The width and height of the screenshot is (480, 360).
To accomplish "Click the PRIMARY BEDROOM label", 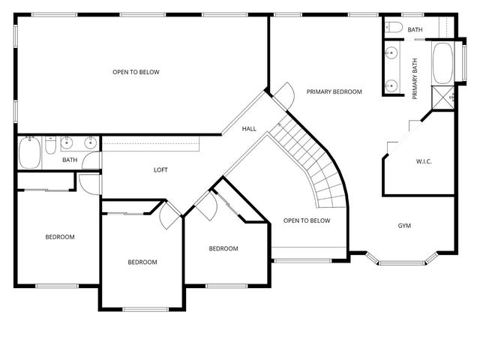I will [x=334, y=91].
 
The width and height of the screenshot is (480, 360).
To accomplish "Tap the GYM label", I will [x=404, y=226].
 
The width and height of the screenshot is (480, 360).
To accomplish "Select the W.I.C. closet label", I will [x=424, y=162].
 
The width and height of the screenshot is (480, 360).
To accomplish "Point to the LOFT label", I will [x=160, y=170].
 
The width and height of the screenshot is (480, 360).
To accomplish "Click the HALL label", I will [x=249, y=129].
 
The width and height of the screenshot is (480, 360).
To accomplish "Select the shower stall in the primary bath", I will [x=442, y=97].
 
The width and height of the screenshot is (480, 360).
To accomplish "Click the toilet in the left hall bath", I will [x=49, y=145].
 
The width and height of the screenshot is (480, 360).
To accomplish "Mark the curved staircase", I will [x=315, y=165].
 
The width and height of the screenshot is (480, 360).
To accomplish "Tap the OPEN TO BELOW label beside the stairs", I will [x=307, y=220].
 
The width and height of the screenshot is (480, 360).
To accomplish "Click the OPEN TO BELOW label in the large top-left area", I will [x=136, y=72].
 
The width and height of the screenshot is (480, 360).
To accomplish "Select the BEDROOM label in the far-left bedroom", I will [x=60, y=237].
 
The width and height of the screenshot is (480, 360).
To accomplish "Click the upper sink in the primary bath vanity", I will [x=391, y=53].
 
